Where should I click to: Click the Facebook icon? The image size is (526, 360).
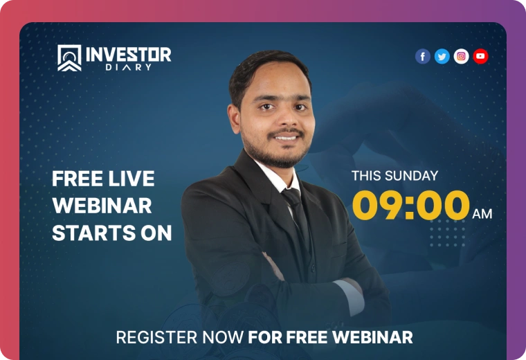[423, 56]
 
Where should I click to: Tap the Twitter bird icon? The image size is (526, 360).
[442, 56]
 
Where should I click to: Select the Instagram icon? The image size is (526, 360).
[461, 56]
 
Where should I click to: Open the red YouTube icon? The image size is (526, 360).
[480, 56]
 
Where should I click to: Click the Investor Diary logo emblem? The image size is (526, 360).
[69, 58]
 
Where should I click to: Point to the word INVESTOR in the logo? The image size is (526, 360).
[129, 55]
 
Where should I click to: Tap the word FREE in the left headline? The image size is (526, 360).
[77, 179]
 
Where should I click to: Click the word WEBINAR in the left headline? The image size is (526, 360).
[102, 206]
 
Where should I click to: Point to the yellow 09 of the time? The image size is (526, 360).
[377, 205]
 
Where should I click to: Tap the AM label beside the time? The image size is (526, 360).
[482, 214]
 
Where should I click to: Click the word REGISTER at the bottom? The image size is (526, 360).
[156, 337]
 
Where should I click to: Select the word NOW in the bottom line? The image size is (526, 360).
[223, 337]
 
